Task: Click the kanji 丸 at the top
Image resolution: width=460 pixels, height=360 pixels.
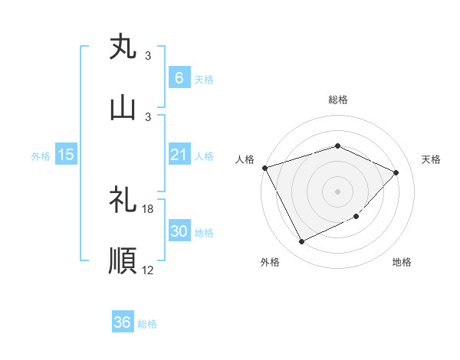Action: pyautogui.click(x=123, y=47)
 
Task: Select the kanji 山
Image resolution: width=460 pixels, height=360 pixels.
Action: pyautogui.click(x=123, y=108)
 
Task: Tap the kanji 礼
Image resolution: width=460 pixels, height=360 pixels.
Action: pyautogui.click(x=123, y=201)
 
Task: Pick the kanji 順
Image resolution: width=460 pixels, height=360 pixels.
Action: pyautogui.click(x=123, y=261)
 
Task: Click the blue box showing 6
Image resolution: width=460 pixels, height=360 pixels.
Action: pyautogui.click(x=179, y=77)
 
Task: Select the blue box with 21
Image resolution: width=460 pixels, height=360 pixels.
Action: pyautogui.click(x=179, y=155)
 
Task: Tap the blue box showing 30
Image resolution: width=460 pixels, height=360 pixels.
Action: pyautogui.click(x=179, y=231)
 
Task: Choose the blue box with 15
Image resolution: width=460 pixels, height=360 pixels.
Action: pyautogui.click(x=66, y=155)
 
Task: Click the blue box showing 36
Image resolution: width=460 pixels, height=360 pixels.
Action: pyautogui.click(x=123, y=322)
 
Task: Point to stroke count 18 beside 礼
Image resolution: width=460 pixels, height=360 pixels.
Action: pyautogui.click(x=148, y=208)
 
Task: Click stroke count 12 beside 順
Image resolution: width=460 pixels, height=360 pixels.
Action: pyautogui.click(x=148, y=269)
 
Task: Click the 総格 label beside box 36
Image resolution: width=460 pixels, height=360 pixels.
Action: pyautogui.click(x=147, y=324)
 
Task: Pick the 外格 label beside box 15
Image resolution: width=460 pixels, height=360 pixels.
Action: pyautogui.click(x=41, y=155)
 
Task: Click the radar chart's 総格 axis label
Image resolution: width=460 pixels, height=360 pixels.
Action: pyautogui.click(x=337, y=100)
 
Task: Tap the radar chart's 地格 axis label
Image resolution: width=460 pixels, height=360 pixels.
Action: pyautogui.click(x=402, y=262)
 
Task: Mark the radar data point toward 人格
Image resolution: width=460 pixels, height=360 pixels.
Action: pyautogui.click(x=264, y=168)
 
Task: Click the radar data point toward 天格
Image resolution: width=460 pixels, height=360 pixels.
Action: pyautogui.click(x=396, y=172)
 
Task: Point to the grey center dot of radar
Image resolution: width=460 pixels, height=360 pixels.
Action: pyautogui.click(x=337, y=191)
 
